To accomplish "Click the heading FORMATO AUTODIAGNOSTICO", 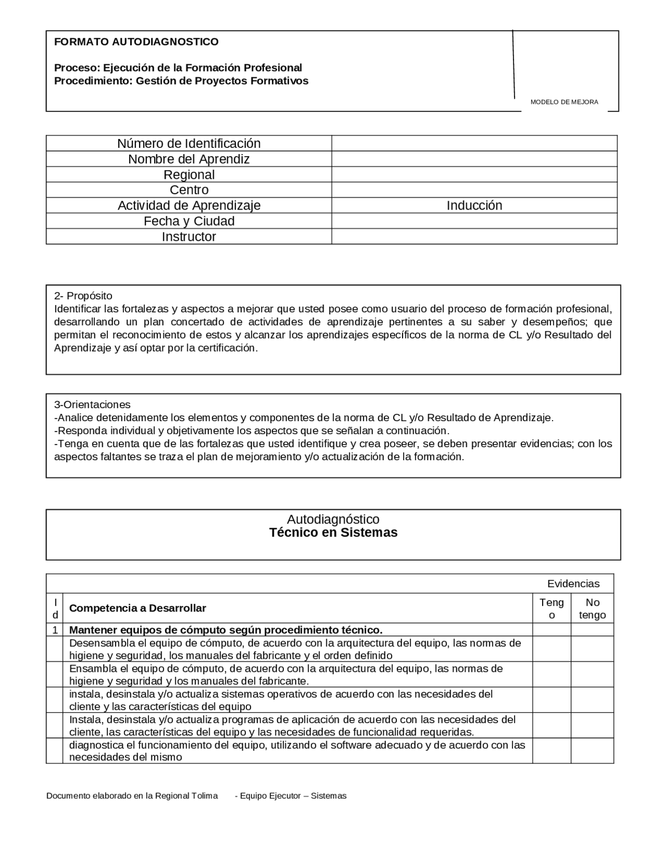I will click(136, 42).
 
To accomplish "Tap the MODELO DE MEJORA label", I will click(564, 102).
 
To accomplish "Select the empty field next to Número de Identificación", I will click(474, 143).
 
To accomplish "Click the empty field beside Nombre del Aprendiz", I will click(474, 159).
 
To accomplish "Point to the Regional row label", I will click(189, 174).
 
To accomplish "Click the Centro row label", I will click(189, 190).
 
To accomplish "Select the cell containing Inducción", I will click(474, 205).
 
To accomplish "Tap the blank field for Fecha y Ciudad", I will click(474, 221).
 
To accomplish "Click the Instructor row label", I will click(189, 237).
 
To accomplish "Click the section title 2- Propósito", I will click(83, 296).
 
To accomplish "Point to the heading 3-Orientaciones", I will click(92, 404).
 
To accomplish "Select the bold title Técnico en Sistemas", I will click(333, 533).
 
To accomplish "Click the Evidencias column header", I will click(573, 584).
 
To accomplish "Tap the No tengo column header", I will click(592, 608).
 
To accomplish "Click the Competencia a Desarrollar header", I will click(137, 608).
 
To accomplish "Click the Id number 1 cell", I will click(54, 630).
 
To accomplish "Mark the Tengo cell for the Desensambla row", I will click(551, 649).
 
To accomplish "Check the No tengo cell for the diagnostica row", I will click(592, 751).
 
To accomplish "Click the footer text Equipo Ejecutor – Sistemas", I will click(290, 796).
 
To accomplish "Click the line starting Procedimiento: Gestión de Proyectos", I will click(181, 81).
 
